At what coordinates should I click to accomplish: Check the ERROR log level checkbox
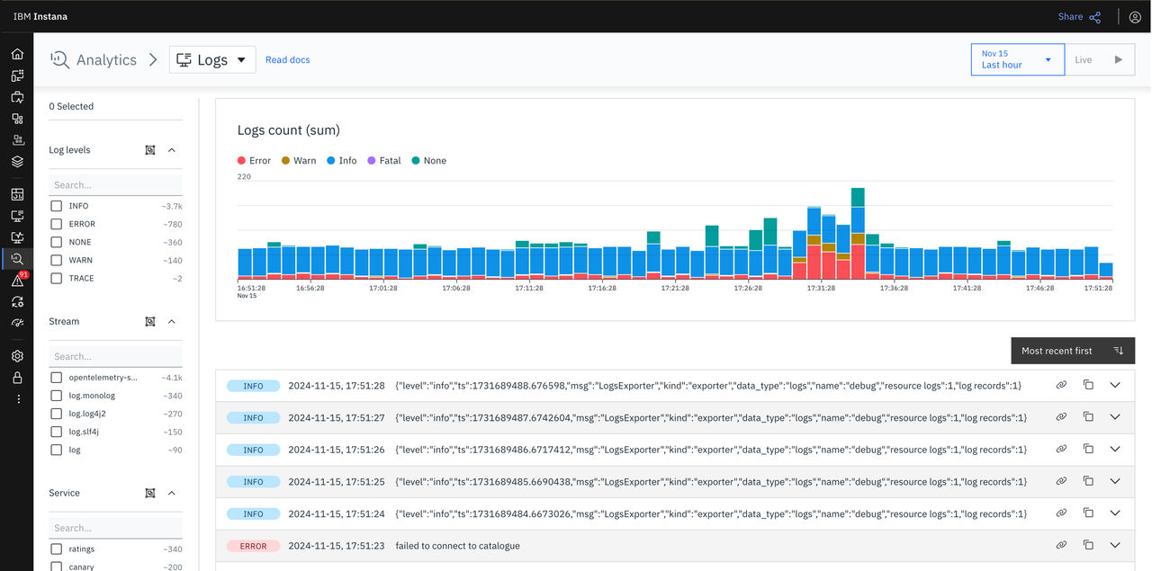(x=56, y=224)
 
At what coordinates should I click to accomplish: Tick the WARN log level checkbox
(x=56, y=260)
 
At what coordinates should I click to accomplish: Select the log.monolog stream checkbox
(x=56, y=396)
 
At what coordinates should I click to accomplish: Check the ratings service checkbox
(x=56, y=549)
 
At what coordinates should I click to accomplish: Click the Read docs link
(x=287, y=59)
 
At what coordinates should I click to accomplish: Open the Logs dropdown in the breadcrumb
(x=212, y=59)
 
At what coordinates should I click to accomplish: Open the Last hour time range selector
(x=1017, y=59)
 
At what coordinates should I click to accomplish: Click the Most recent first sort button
(x=1073, y=351)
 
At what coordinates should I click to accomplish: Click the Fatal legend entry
(x=384, y=160)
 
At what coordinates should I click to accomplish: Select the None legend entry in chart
(x=429, y=160)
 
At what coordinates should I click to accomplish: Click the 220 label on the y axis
(x=244, y=176)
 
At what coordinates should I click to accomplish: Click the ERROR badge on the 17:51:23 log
(x=253, y=546)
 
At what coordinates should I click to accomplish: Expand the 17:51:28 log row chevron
(x=1115, y=385)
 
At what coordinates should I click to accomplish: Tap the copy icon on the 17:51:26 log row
(x=1088, y=449)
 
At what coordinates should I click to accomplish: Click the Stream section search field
(x=116, y=356)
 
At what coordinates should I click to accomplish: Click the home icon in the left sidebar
(x=17, y=54)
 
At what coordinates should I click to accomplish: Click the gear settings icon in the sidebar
(x=17, y=356)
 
